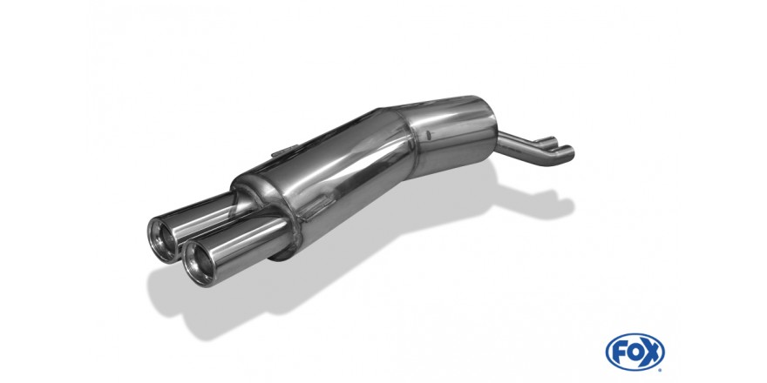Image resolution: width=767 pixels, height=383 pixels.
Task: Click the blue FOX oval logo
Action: click(635, 352)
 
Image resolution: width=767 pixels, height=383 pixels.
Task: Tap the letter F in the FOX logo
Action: click(621, 352)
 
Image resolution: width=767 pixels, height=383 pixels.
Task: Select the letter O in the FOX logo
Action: click(635, 352)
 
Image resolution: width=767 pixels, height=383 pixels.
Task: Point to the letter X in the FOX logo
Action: click(650, 352)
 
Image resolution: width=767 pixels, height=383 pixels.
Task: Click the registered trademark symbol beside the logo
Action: click(662, 368)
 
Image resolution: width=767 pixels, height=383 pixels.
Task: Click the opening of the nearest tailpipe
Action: click(199, 263)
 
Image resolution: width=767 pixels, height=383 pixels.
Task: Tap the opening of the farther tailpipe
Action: click(163, 239)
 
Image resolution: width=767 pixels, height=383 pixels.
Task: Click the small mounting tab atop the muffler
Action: click(285, 151)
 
